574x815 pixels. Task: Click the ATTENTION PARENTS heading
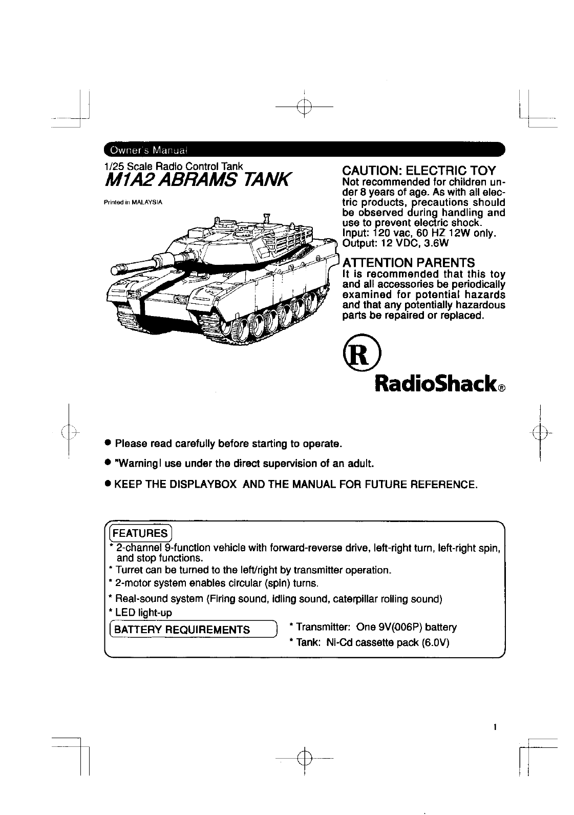(x=408, y=262)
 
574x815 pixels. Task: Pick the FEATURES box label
(x=140, y=533)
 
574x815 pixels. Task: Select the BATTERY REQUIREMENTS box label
(x=182, y=630)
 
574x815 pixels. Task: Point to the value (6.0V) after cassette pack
(x=435, y=643)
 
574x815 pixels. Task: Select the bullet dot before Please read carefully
(x=108, y=442)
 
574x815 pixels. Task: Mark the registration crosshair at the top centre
(x=304, y=107)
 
